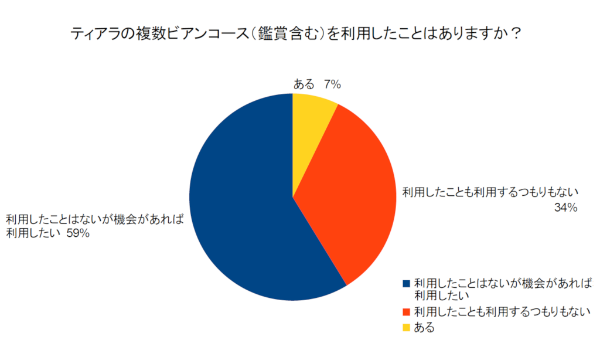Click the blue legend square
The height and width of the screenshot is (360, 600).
[406, 284]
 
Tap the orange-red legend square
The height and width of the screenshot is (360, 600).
[406, 311]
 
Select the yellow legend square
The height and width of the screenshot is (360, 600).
[406, 327]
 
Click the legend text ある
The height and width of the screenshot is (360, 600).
[424, 327]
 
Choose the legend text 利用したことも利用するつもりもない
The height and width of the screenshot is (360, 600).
[502, 311]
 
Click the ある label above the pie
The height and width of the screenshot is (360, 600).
[304, 84]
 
